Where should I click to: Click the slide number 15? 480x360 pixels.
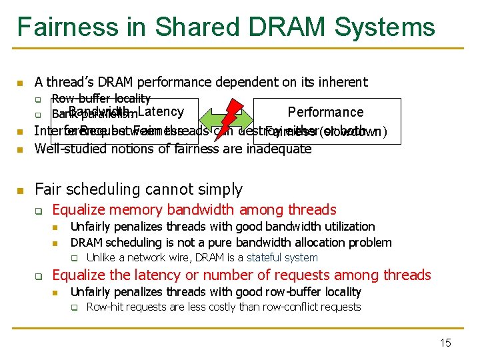coord(445,343)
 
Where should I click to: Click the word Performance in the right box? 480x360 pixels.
coord(325,112)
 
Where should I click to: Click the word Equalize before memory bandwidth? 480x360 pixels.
coord(77,210)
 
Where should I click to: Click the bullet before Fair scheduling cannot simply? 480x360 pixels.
coord(20,190)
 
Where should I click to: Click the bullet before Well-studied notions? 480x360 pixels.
coord(20,149)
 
